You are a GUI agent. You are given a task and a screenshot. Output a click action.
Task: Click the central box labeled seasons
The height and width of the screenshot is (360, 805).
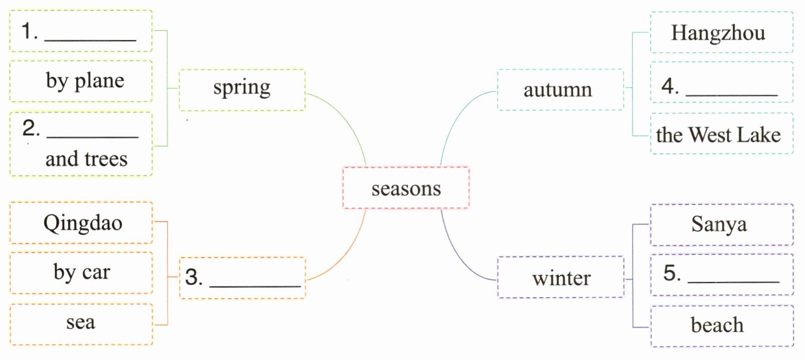[x=405, y=188]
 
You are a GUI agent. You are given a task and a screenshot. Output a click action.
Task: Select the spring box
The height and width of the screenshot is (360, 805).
[x=242, y=90]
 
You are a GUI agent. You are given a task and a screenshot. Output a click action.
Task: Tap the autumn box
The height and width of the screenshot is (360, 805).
[x=559, y=90]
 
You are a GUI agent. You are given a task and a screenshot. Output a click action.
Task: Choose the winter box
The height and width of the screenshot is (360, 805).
[x=561, y=277]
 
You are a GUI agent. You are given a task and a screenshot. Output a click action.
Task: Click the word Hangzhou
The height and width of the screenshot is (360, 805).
[x=718, y=33]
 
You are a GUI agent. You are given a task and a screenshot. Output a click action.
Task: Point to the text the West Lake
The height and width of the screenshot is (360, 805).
[x=718, y=135]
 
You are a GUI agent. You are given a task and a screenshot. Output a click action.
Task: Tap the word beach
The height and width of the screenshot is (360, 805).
[x=717, y=325]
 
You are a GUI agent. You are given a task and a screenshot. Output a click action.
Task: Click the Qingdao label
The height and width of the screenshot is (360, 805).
[x=83, y=223]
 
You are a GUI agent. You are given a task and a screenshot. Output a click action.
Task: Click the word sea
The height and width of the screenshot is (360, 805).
[x=81, y=322]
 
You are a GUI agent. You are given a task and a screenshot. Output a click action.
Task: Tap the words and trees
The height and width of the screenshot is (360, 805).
[x=87, y=159]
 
